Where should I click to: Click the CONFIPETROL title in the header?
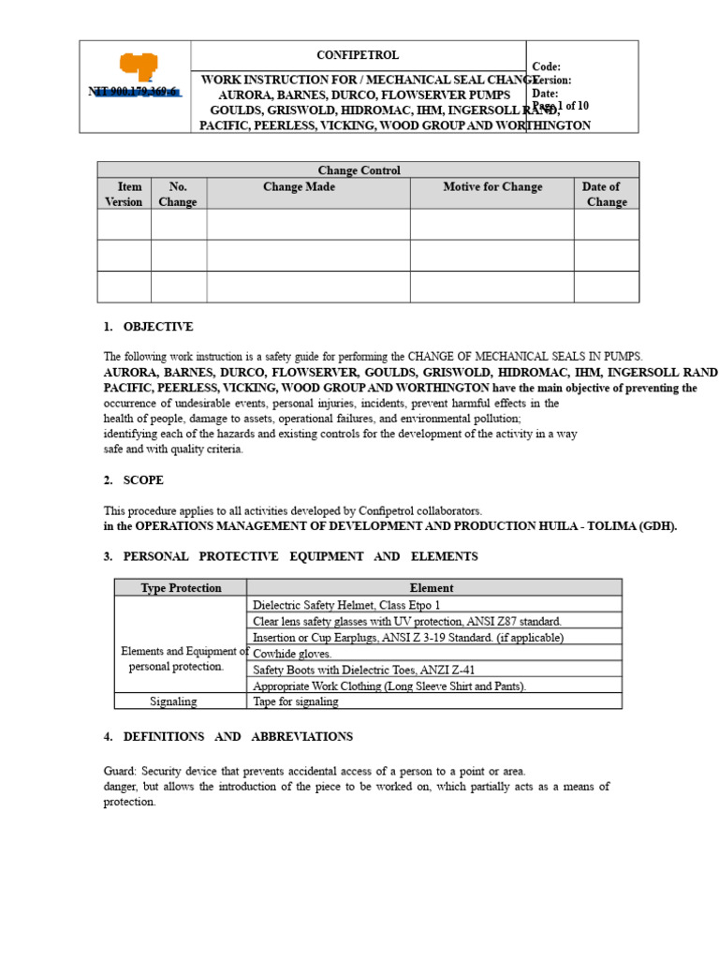click(x=359, y=54)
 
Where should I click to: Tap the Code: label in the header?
click(x=546, y=66)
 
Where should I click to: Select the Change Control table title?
click(x=359, y=170)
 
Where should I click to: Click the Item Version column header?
click(x=124, y=194)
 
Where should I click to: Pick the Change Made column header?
click(x=299, y=187)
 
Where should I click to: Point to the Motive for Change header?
click(x=492, y=187)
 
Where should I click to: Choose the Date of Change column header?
click(x=603, y=194)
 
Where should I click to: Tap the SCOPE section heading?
click(x=143, y=480)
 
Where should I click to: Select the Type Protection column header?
click(x=181, y=588)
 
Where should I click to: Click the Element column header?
click(x=432, y=588)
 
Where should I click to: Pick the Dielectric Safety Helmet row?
click(x=345, y=605)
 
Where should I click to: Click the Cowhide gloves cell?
click(x=292, y=654)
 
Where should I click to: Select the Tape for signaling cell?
click(x=297, y=701)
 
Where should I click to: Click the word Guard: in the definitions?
click(x=122, y=771)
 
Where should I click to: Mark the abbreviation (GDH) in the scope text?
click(x=658, y=526)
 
